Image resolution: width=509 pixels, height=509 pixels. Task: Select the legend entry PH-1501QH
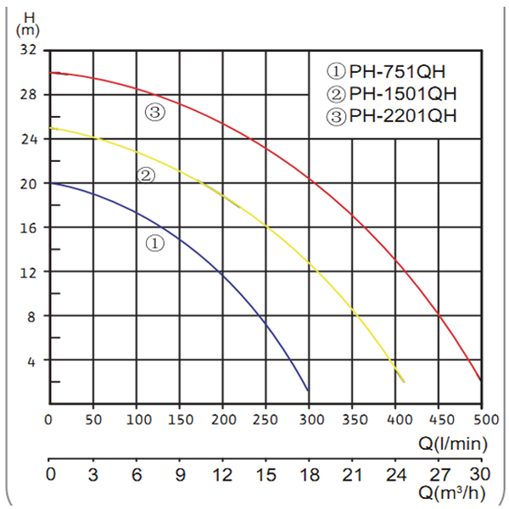393,93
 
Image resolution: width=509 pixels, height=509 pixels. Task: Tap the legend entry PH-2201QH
393,116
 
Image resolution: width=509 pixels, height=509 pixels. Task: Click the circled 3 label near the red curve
154,111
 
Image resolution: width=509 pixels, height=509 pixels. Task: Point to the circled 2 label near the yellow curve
146,176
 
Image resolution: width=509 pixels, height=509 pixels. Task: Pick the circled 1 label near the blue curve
154,243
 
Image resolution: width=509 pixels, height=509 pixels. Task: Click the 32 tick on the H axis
28,50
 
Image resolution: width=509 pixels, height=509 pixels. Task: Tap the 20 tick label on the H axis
28,183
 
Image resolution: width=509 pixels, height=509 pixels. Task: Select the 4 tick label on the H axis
32,361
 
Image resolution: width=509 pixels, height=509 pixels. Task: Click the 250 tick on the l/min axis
266,421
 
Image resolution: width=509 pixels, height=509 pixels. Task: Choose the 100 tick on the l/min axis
137,421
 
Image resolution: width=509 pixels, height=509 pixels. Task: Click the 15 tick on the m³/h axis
266,474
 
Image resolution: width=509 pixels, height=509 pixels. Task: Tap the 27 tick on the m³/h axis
439,474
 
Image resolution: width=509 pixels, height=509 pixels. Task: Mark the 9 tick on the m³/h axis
180,474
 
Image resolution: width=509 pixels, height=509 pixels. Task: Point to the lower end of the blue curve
307,389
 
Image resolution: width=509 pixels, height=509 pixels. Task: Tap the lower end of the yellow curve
404,382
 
